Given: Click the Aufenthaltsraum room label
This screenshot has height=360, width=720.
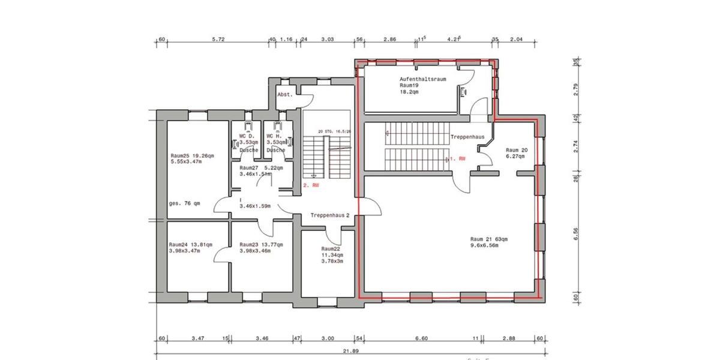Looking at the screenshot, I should [x=422, y=79].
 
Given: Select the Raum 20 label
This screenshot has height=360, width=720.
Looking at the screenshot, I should [x=515, y=150].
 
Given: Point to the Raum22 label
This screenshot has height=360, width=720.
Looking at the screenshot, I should [x=331, y=248].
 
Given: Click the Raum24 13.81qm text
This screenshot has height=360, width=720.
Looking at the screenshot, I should [x=190, y=245].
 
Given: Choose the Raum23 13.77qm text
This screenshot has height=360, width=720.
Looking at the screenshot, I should [x=260, y=245].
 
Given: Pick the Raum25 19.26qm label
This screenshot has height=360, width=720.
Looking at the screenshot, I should [x=192, y=155].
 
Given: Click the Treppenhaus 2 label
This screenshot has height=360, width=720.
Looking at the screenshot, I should [x=330, y=215].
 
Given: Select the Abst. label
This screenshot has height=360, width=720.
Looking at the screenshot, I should [x=284, y=95].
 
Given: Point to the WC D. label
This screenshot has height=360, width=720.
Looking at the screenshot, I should [x=247, y=136].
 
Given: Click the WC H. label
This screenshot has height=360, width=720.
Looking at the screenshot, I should [x=274, y=136].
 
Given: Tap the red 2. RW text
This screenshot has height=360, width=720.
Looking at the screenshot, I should [x=311, y=185].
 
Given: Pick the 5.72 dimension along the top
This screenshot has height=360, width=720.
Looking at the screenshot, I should [x=218, y=40].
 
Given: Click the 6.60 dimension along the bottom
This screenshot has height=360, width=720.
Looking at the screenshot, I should [x=422, y=339].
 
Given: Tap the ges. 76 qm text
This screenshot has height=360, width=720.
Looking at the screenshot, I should [x=184, y=203].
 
